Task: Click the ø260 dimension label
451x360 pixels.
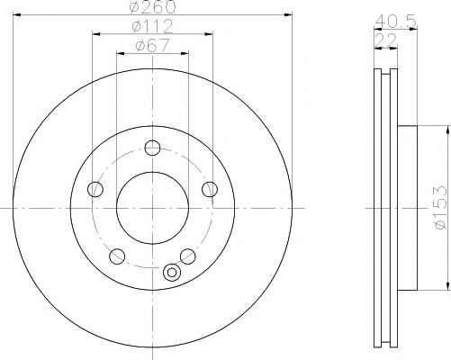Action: coord(152,6)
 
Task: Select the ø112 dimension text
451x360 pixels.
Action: coord(152,26)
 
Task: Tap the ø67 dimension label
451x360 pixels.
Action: coord(152,45)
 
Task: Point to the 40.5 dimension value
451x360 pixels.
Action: coord(396,21)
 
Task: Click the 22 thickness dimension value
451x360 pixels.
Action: coord(386,40)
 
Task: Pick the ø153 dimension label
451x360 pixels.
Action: coord(440,208)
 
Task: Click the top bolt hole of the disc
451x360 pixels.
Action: coord(152,148)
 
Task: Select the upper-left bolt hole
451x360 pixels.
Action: coord(95,189)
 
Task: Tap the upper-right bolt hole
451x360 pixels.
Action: coord(210,189)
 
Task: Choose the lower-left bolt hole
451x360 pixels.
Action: coord(117,256)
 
